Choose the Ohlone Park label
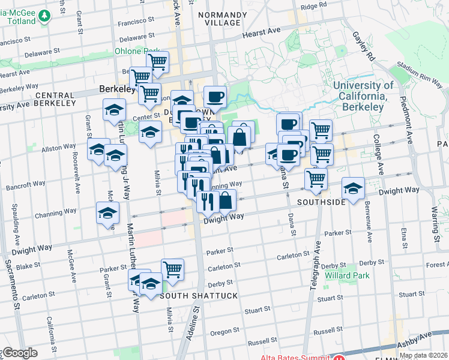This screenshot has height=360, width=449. [x=137, y=51]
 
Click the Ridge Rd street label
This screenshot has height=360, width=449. [x=313, y=7]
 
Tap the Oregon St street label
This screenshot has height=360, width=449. [x=225, y=331]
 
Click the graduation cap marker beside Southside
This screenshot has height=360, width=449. [x=354, y=188]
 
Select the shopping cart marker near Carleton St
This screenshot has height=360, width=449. [x=172, y=268]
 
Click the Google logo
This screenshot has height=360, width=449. [x=19, y=353]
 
